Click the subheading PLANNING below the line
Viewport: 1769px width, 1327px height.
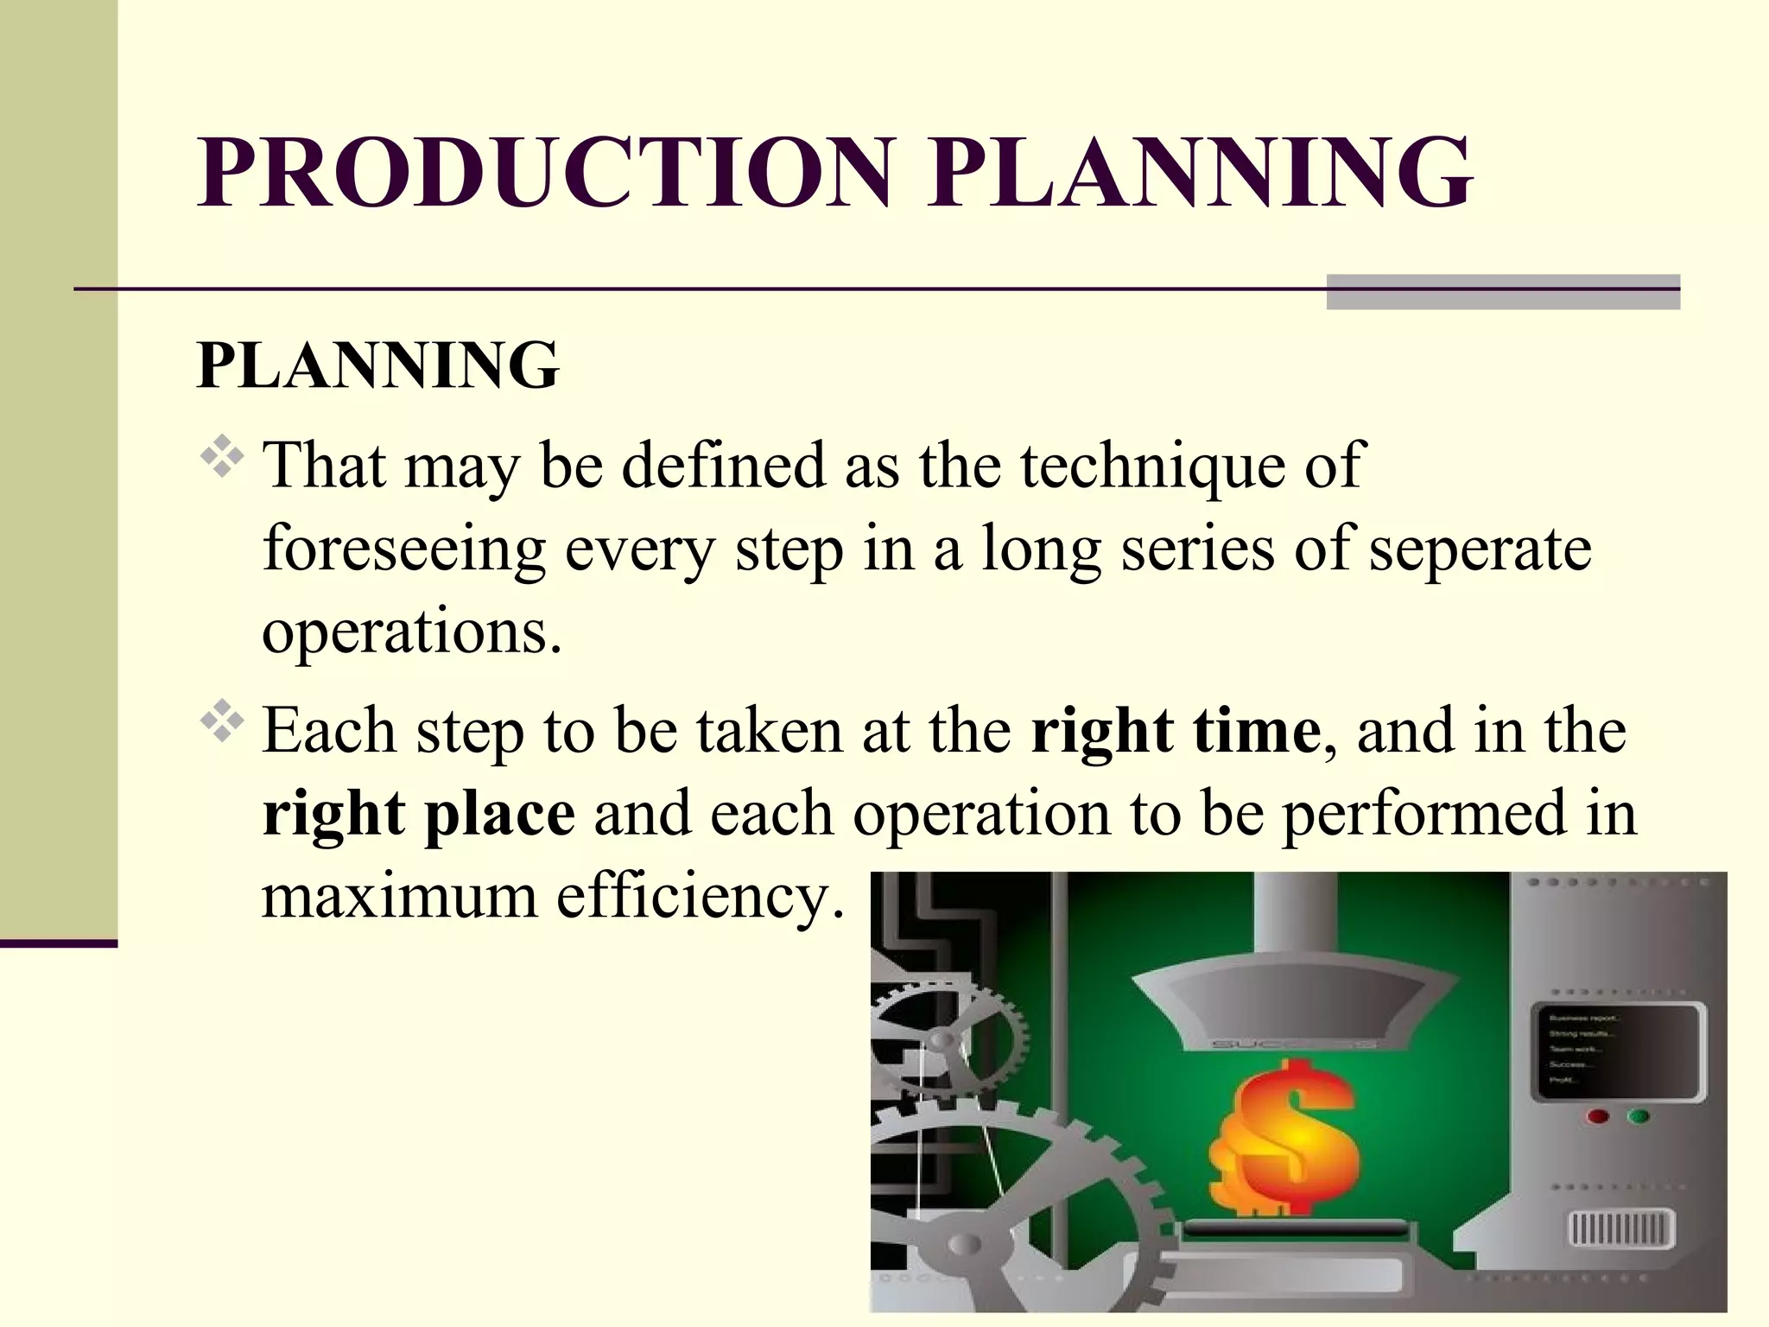pyautogui.click(x=378, y=365)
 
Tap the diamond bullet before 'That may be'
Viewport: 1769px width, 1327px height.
pyautogui.click(x=222, y=458)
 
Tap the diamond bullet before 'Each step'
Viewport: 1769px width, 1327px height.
pyautogui.click(x=222, y=721)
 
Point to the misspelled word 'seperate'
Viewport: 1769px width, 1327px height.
pyautogui.click(x=1480, y=549)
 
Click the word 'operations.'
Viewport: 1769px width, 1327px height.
pyautogui.click(x=412, y=633)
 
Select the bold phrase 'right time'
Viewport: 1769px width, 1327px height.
pyautogui.click(x=1176, y=731)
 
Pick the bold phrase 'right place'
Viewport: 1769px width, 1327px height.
pyautogui.click(x=419, y=814)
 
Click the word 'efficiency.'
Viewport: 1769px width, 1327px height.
pyautogui.click(x=700, y=897)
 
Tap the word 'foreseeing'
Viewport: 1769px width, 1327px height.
pyautogui.click(x=404, y=549)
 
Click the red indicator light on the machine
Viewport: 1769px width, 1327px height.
pyautogui.click(x=1598, y=1116)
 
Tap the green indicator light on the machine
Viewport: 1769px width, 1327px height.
pyautogui.click(x=1638, y=1116)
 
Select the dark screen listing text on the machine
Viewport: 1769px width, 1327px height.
pyautogui.click(x=1618, y=1051)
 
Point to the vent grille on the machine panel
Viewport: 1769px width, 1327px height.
pyautogui.click(x=1620, y=1228)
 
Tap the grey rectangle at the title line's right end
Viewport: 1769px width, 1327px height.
pyautogui.click(x=1503, y=292)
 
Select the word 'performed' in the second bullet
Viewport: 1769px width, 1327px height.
pyautogui.click(x=1423, y=814)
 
